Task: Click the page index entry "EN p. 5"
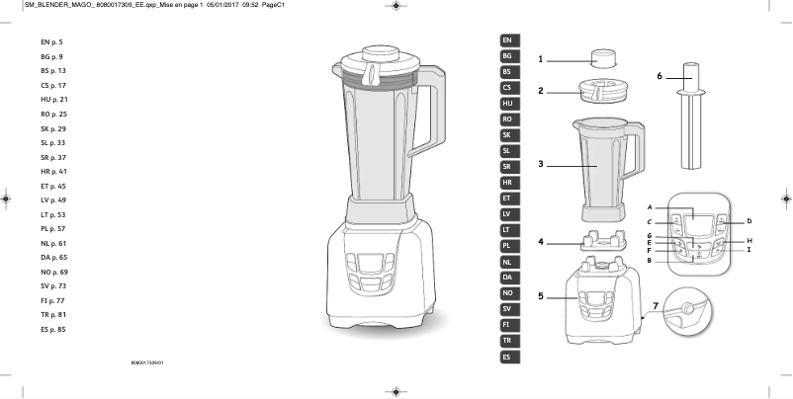51,42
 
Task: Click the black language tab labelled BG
507,56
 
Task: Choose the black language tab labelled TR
507,340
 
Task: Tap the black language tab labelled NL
507,262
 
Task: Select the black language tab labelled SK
507,134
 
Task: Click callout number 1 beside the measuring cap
541,59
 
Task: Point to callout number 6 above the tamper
660,75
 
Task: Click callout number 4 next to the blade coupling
541,241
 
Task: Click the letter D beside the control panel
749,221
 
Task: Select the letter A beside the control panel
650,207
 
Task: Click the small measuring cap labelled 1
601,58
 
